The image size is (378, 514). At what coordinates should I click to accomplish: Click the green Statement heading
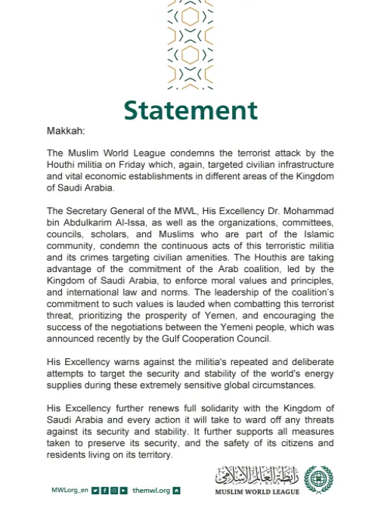point(191,110)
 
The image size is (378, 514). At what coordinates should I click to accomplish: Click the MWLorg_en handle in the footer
point(69,491)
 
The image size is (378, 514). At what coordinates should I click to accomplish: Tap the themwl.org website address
point(151,491)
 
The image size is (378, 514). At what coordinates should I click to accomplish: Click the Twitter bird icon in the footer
point(95,491)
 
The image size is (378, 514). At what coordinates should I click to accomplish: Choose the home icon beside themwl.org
point(177,491)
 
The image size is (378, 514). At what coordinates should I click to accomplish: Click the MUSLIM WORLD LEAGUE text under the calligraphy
point(257,492)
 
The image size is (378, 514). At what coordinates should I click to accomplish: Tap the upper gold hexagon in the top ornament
point(190,17)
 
